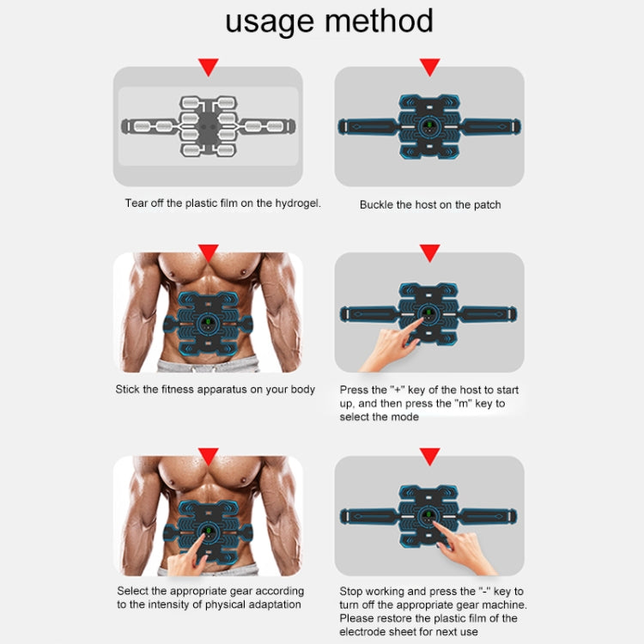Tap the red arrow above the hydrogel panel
click(208, 67)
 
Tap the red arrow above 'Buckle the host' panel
click(429, 67)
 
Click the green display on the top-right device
click(428, 131)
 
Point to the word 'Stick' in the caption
click(128, 390)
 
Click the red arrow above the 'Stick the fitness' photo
click(208, 252)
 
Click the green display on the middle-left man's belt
click(207, 325)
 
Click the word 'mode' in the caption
click(405, 416)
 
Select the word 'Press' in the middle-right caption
click(354, 390)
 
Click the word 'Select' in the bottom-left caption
click(133, 591)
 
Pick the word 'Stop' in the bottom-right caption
click(351, 592)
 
